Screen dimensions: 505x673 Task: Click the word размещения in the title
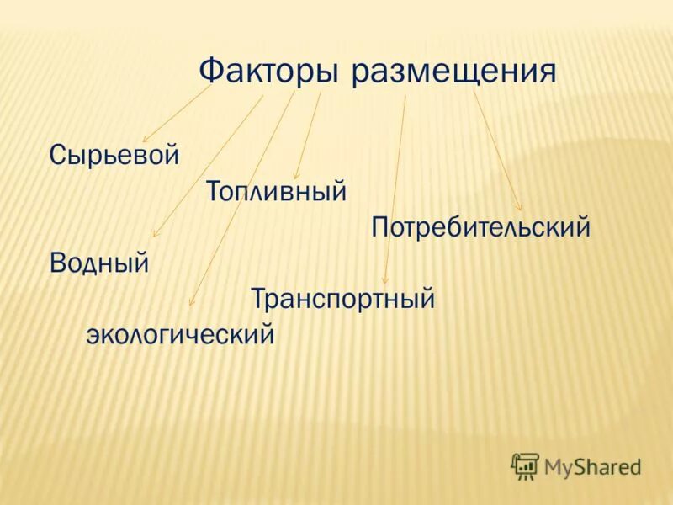click(454, 73)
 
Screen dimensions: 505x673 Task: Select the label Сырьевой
click(114, 156)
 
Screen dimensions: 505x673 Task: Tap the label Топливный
click(277, 191)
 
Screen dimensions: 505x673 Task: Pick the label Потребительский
click(480, 227)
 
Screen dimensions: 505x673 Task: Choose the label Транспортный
click(342, 298)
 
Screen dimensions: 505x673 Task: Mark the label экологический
click(181, 335)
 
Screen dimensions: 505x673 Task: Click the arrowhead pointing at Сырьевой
click(146, 139)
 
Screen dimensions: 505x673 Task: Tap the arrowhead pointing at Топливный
click(296, 176)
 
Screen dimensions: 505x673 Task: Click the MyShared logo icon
click(525, 466)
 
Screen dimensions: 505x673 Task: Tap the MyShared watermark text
click(592, 466)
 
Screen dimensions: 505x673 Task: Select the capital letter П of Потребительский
click(379, 227)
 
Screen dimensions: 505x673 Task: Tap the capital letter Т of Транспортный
click(258, 298)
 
